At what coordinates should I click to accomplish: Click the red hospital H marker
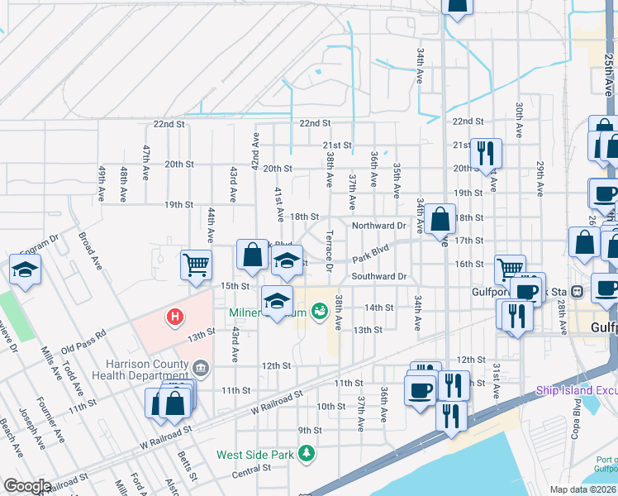tap(174, 317)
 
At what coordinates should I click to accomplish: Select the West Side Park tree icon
tap(307, 453)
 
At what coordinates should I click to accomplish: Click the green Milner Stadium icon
tap(320, 311)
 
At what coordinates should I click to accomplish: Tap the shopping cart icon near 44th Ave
tap(196, 265)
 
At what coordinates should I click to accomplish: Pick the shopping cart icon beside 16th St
tap(509, 269)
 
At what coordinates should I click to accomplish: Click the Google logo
tap(27, 486)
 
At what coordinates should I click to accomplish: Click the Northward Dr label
tap(379, 226)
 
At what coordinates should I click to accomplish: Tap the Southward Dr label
tap(379, 276)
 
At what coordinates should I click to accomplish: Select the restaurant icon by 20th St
tap(485, 153)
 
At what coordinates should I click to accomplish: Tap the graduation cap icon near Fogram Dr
tap(26, 269)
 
